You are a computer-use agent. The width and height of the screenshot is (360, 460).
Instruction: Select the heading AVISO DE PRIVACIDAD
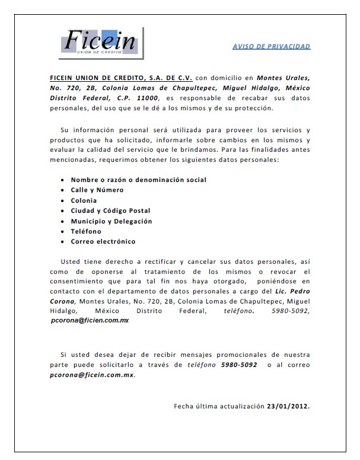[271, 46]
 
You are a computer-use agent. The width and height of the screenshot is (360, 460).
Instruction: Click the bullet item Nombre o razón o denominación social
[139, 179]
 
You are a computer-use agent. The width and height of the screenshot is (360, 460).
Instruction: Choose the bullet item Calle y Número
[97, 190]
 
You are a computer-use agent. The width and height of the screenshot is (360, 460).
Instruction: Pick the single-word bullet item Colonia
[84, 200]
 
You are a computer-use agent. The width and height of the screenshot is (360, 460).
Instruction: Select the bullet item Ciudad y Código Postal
[110, 210]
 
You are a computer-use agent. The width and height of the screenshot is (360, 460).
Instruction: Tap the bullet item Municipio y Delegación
[111, 221]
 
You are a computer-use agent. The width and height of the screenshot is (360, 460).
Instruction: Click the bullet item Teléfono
[86, 231]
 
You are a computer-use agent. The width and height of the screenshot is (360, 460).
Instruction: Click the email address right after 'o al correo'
[91, 375]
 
